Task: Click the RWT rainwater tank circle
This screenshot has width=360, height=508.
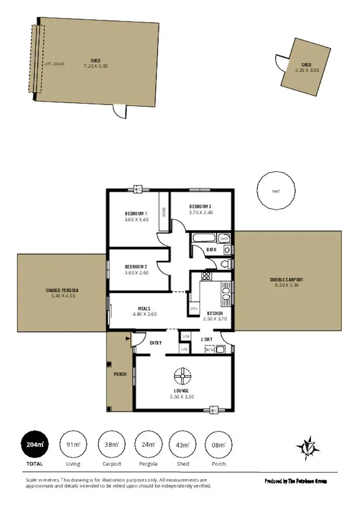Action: (276, 191)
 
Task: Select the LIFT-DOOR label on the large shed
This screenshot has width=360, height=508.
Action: (54, 64)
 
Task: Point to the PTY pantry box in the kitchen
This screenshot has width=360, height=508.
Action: (194, 308)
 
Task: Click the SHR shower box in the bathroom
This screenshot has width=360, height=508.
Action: (224, 238)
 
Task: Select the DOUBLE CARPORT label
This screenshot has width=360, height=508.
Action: (287, 279)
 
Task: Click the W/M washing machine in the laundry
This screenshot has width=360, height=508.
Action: (209, 350)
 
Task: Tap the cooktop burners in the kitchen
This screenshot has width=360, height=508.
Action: (206, 276)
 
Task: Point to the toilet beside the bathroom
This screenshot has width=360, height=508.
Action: (226, 264)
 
